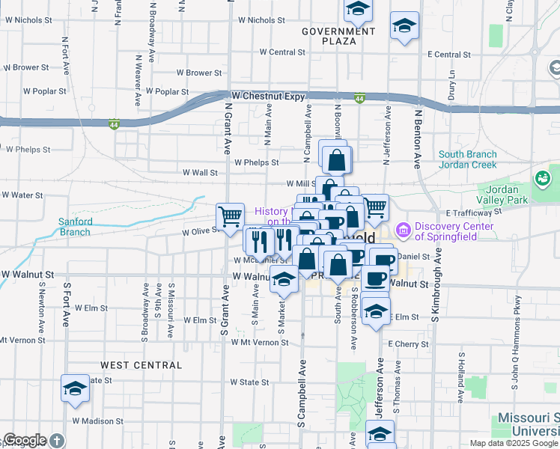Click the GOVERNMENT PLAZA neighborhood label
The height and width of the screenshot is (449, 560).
(338, 36)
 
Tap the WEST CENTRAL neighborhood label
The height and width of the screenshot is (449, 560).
(141, 365)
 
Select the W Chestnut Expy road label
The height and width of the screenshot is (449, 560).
(268, 96)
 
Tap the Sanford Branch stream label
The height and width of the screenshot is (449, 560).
(76, 227)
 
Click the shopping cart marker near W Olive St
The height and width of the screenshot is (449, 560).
(231, 216)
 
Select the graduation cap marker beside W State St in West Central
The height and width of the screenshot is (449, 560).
(75, 388)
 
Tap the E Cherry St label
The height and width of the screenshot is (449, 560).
(409, 344)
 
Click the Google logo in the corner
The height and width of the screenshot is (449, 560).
(25, 440)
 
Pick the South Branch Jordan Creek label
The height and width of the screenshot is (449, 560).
(467, 159)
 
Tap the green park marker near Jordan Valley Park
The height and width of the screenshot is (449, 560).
(542, 179)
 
